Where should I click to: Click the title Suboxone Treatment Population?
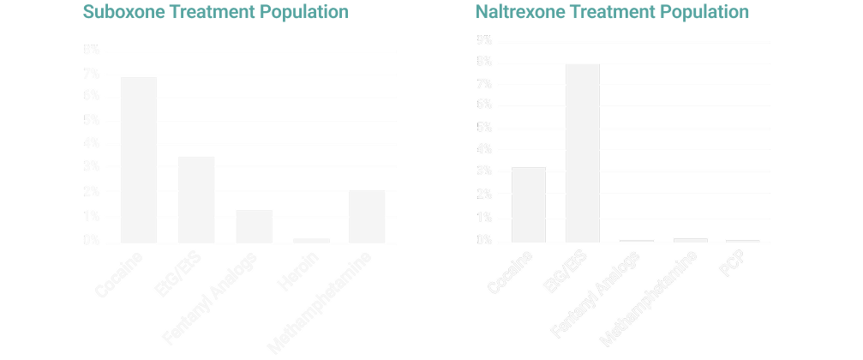tap(214, 13)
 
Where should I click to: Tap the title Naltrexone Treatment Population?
tap(613, 13)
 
